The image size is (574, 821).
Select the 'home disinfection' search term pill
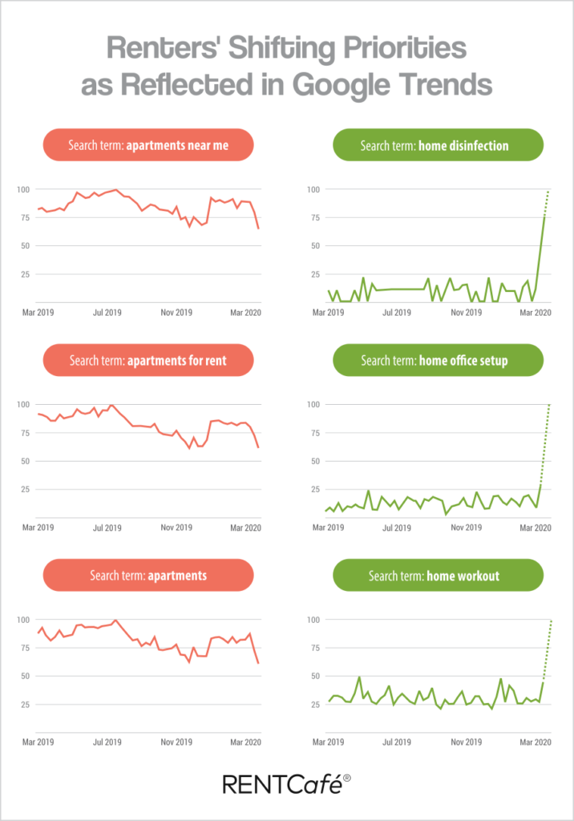point(437,146)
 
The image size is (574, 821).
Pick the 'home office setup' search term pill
point(437,361)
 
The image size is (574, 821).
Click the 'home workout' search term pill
point(437,576)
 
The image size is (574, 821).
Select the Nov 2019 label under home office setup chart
point(465,528)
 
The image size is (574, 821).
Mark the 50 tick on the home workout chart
point(314,676)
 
